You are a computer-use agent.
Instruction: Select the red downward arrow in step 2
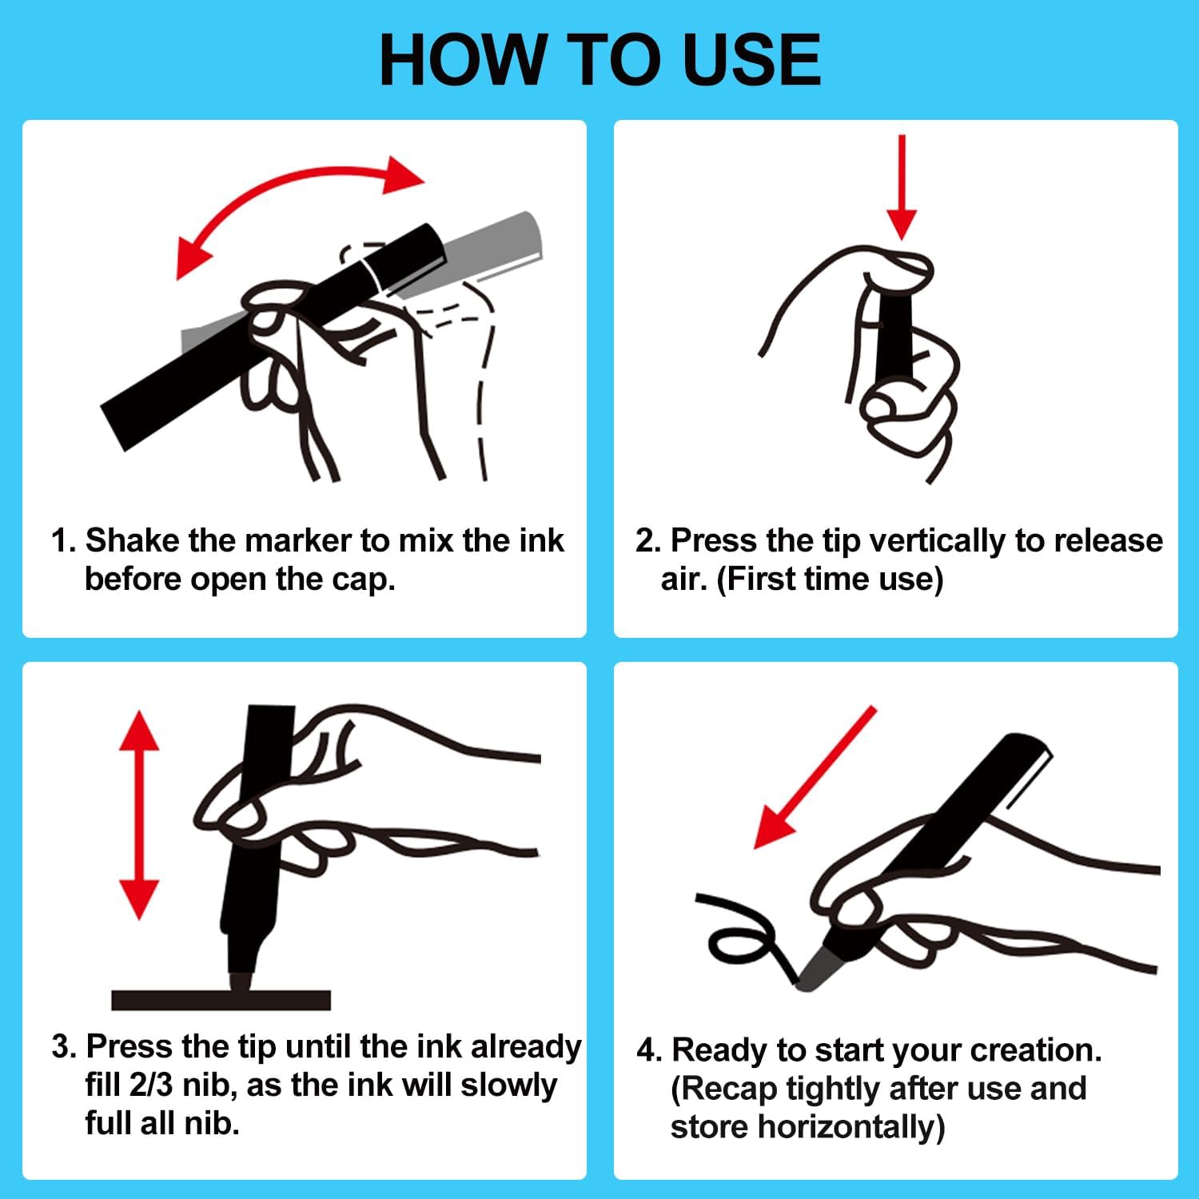click(902, 187)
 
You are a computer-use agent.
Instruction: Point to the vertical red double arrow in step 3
click(139, 815)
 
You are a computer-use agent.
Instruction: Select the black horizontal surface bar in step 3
click(221, 1000)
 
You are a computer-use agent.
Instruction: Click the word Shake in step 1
click(133, 540)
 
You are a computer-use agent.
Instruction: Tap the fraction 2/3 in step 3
click(149, 1085)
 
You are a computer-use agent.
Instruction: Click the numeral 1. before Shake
click(64, 540)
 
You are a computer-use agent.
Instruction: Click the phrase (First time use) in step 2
click(830, 580)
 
